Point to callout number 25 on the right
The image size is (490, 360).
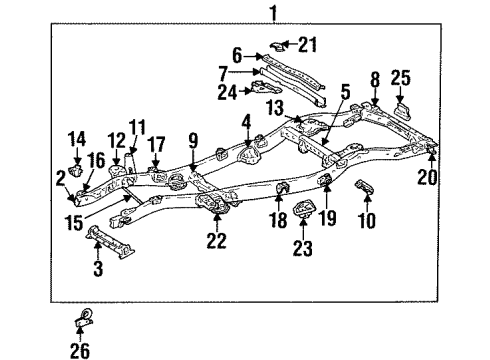pos(401,78)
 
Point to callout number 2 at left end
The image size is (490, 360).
pos(61,177)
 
